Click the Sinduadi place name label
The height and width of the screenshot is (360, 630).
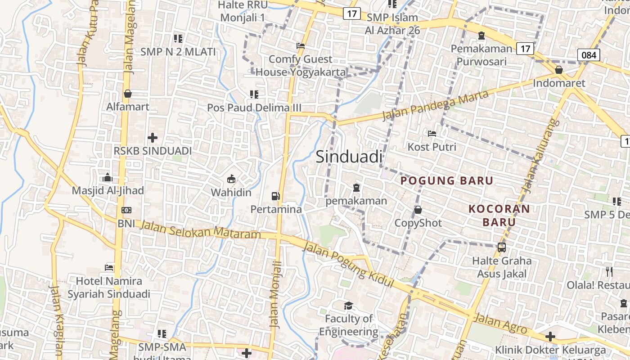(x=349, y=157)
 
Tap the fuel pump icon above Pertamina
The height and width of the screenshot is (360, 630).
(x=275, y=196)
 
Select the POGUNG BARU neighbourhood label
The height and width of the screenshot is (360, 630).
(x=447, y=180)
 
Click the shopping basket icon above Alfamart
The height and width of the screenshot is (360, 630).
(x=128, y=94)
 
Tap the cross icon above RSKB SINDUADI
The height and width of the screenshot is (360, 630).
(x=153, y=137)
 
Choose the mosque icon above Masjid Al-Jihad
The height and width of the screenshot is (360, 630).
(x=108, y=177)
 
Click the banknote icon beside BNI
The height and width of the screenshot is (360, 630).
(x=126, y=210)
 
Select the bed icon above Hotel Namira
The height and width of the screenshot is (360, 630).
(x=109, y=267)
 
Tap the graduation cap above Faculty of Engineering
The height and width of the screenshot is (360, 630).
(x=349, y=306)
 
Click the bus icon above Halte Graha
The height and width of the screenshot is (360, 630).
(x=501, y=247)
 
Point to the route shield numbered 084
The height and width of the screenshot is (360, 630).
(x=589, y=55)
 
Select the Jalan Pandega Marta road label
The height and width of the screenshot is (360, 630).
(x=435, y=105)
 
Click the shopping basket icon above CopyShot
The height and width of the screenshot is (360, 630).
(x=418, y=210)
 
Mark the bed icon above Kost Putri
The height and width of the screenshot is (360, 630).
(x=432, y=134)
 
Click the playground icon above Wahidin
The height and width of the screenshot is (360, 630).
(x=231, y=179)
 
